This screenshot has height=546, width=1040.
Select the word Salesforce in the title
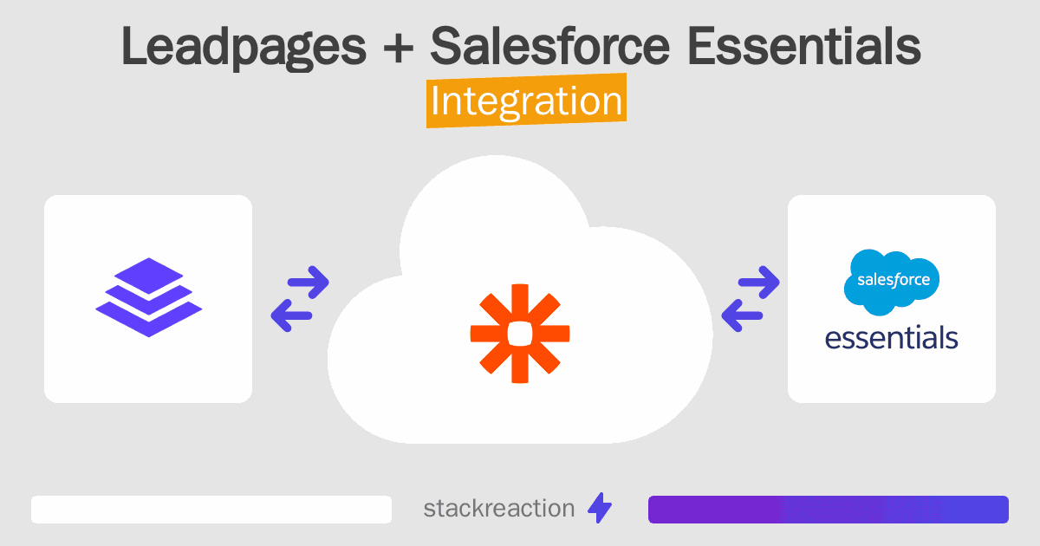tap(549, 48)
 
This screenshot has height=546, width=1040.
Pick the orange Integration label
tap(526, 101)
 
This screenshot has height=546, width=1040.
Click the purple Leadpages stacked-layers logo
tap(148, 297)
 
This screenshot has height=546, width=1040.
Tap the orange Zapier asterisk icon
tap(520, 333)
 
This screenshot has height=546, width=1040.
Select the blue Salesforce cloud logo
tap(892, 281)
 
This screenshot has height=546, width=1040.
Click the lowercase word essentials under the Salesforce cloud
tap(892, 336)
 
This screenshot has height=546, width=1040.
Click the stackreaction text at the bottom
tap(498, 509)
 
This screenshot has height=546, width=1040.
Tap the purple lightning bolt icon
tap(600, 509)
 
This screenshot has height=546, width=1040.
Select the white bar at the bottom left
tap(211, 510)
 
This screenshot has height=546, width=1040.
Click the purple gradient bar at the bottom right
tap(828, 510)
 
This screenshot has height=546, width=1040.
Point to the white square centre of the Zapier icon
tap(520, 333)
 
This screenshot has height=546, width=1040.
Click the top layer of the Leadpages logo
tap(148, 276)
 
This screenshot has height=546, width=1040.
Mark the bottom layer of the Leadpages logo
tap(148, 321)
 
